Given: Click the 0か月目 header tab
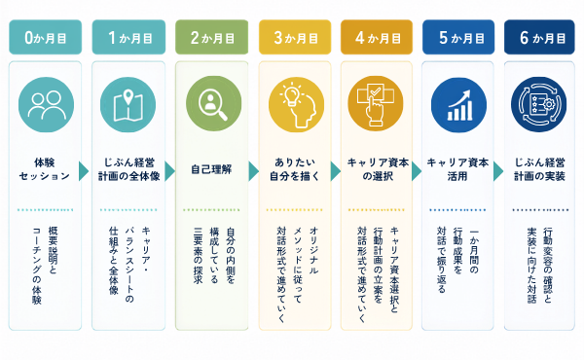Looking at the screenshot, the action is click(46, 37).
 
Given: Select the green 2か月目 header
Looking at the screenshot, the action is click(211, 37).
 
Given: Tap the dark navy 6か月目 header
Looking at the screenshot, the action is click(539, 37).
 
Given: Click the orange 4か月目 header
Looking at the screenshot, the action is click(377, 37).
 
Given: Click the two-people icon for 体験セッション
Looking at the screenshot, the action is click(46, 105).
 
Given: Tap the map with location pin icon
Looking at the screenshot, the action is click(128, 105).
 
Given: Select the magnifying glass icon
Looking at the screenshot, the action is click(213, 103).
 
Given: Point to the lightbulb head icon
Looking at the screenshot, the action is click(296, 105).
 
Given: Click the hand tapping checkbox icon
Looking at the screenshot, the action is click(376, 103).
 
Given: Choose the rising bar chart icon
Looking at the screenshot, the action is click(458, 105).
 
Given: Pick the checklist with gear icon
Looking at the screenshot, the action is click(539, 105).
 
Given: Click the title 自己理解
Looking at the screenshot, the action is click(211, 169).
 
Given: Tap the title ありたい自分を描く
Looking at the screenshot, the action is click(295, 169).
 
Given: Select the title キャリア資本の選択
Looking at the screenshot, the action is click(378, 169).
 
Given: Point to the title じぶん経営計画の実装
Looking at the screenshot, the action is click(539, 169).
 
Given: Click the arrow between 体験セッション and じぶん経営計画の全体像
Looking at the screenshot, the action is click(84, 171).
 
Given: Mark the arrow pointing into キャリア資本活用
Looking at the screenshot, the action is click(417, 171).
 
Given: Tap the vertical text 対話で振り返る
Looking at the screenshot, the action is click(441, 260).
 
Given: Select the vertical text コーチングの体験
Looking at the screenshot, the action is click(37, 266).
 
